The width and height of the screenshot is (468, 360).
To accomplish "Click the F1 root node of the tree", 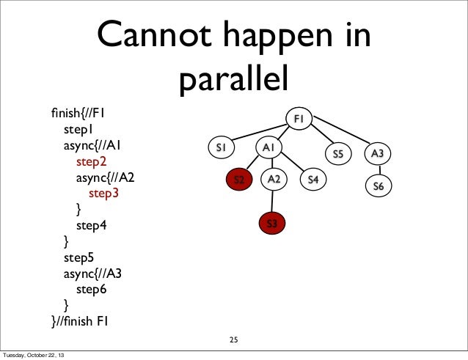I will coord(299,119).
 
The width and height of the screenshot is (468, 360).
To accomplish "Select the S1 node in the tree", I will coord(220,148).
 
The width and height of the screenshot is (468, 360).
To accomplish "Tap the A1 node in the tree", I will coord(269,148).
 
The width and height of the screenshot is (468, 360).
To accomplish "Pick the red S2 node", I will coord(238,179).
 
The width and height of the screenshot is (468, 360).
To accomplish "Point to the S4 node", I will coord(313,179).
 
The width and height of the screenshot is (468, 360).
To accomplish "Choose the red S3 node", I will coord(271,222).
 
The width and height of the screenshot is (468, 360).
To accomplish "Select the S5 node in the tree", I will coord(338,154).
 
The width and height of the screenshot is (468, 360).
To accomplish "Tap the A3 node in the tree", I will coord(379,154).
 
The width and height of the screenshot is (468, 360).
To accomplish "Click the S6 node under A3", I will coord(379,186).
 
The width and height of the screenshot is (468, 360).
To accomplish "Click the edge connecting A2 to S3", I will coord(273,201).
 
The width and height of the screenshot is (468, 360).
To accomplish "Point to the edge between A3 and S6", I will coord(379,170).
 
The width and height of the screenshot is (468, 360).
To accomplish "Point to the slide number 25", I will coord(234,339).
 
